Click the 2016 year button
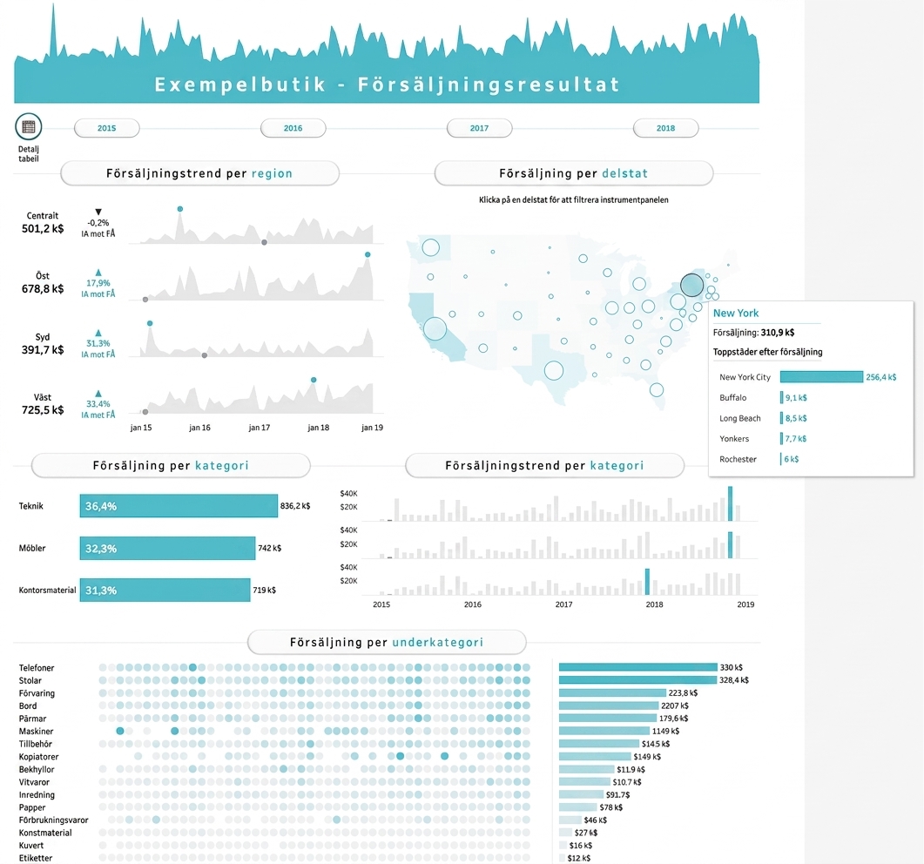(x=293, y=128)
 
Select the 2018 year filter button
(x=665, y=128)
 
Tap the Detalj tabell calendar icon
(x=28, y=126)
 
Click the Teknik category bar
(x=179, y=506)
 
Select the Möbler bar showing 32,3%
(x=167, y=548)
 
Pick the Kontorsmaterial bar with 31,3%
(x=165, y=590)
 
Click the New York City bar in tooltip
(x=821, y=376)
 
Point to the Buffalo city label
(x=732, y=398)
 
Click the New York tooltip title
(x=735, y=313)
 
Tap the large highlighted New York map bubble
(x=691, y=285)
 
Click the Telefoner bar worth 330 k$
(x=638, y=667)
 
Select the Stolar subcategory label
(x=30, y=680)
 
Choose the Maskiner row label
(x=36, y=732)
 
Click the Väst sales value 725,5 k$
(x=43, y=409)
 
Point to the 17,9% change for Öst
(x=98, y=283)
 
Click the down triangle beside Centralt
(x=98, y=212)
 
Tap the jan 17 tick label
(x=260, y=428)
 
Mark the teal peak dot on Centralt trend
(x=180, y=209)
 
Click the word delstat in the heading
(x=624, y=173)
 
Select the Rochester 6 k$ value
(x=792, y=459)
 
